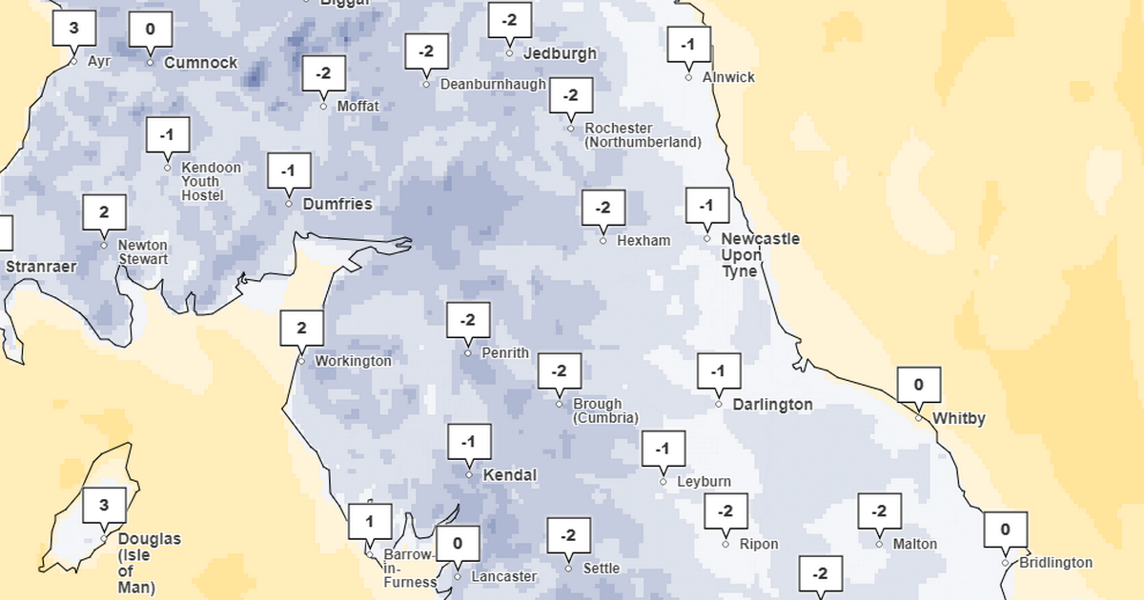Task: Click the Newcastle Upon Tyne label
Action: click(760, 254)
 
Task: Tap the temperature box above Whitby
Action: click(919, 385)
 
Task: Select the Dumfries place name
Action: click(337, 204)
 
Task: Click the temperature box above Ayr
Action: click(73, 29)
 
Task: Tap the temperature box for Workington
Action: click(301, 328)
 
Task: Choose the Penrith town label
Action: click(505, 352)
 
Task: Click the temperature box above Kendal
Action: click(468, 442)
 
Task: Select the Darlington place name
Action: click(772, 405)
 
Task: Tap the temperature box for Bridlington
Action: click(1005, 530)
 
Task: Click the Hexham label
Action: click(643, 241)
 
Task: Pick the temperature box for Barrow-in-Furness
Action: click(369, 521)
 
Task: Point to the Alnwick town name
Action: click(728, 77)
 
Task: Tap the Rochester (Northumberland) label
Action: click(643, 135)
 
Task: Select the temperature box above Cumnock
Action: click(150, 30)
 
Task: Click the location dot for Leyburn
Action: click(664, 482)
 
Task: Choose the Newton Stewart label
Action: click(143, 252)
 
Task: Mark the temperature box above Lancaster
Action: click(458, 543)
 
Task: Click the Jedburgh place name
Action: click(560, 53)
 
